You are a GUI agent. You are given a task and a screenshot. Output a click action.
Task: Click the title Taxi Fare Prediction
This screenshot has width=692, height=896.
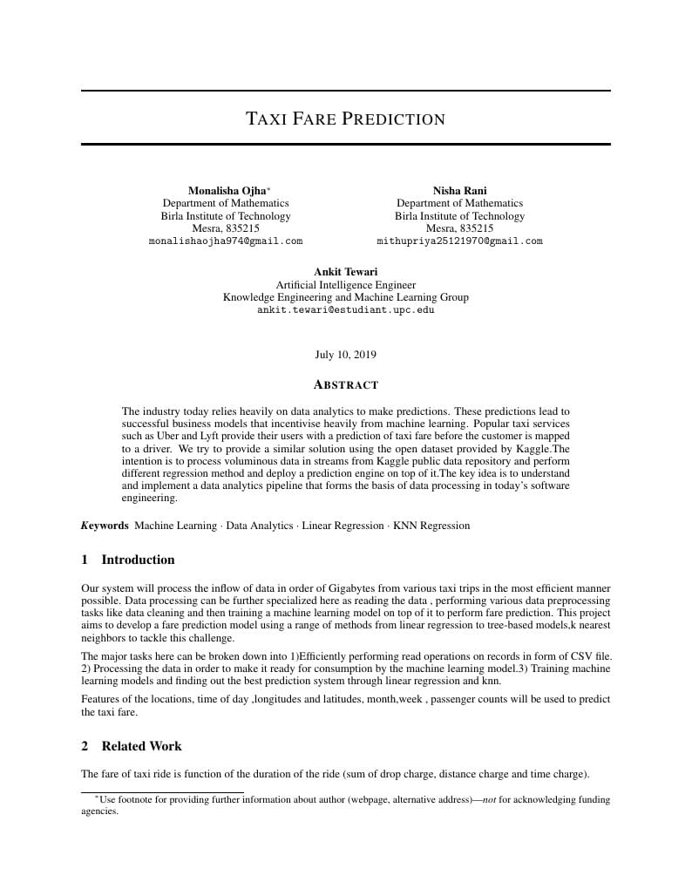[345, 119]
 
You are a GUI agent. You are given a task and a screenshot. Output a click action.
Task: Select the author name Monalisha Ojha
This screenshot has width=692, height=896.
[227, 191]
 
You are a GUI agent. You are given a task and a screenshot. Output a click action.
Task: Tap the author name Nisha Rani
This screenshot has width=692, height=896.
[459, 191]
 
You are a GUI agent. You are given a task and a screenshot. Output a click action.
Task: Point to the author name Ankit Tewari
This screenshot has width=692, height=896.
[345, 272]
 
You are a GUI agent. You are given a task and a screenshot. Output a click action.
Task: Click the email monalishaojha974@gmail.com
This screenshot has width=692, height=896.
[226, 241]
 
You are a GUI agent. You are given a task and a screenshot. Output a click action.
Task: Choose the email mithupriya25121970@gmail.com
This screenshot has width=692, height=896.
[459, 241]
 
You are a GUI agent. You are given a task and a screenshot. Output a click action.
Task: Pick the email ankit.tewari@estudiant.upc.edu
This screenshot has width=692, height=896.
[345, 309]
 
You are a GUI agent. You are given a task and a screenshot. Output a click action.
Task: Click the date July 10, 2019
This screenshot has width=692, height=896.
[345, 355]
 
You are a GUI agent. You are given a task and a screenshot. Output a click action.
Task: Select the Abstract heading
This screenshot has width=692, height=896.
[345, 384]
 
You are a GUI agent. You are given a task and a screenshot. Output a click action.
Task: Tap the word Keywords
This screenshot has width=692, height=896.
[105, 526]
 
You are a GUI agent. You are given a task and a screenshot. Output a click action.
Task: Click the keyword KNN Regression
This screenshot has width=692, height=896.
[431, 526]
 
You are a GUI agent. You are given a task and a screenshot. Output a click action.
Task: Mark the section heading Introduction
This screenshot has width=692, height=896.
[138, 560]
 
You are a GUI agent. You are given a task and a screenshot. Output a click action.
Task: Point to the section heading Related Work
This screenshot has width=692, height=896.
[141, 746]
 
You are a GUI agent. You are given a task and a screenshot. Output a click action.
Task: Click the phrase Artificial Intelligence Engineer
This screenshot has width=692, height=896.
[345, 285]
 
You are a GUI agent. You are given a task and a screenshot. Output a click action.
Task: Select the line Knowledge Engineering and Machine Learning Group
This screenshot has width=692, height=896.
[345, 297]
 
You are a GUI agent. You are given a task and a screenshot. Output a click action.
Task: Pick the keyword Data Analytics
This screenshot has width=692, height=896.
[260, 526]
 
